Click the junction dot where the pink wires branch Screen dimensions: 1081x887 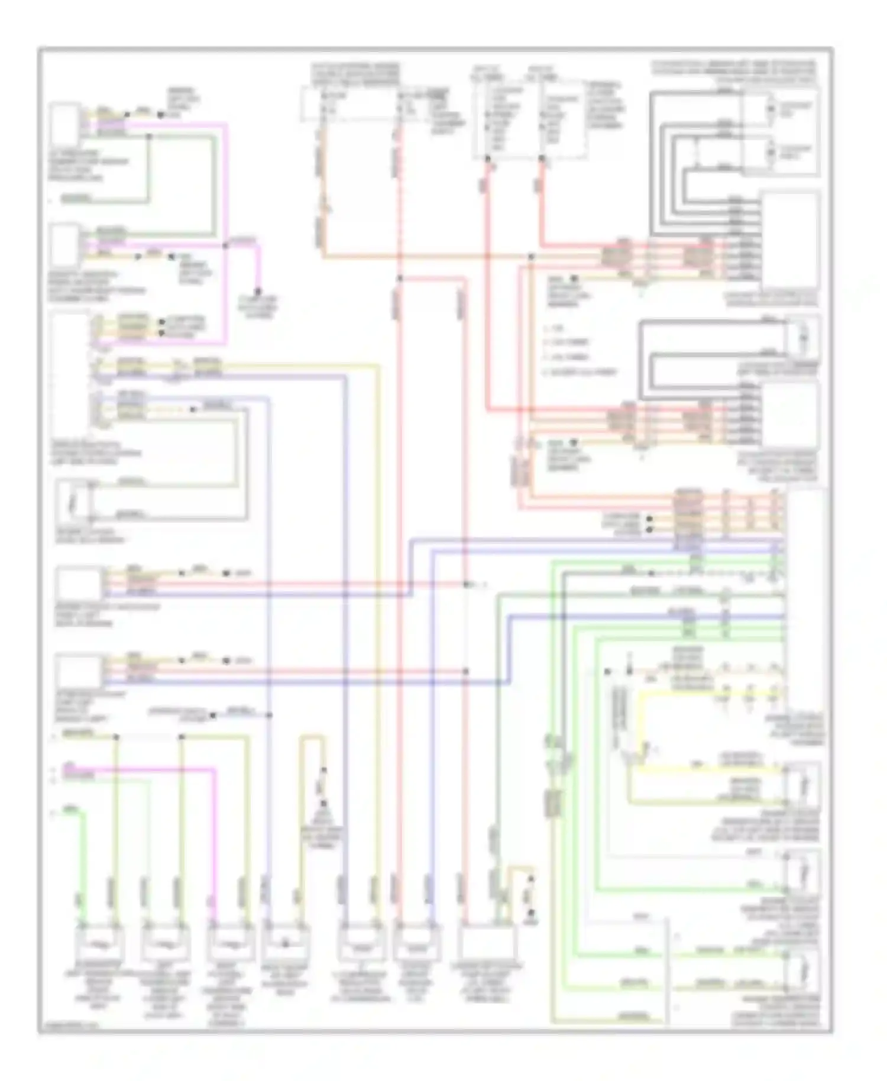coord(225,245)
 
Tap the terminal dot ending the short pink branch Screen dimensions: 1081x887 coord(258,291)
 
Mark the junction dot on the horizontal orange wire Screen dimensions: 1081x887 coord(531,257)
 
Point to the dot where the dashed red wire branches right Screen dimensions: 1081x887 coord(400,278)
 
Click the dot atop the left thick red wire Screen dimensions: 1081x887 coord(488,158)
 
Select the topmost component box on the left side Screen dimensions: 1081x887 coord(64,124)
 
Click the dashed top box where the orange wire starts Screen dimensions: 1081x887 coord(349,104)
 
